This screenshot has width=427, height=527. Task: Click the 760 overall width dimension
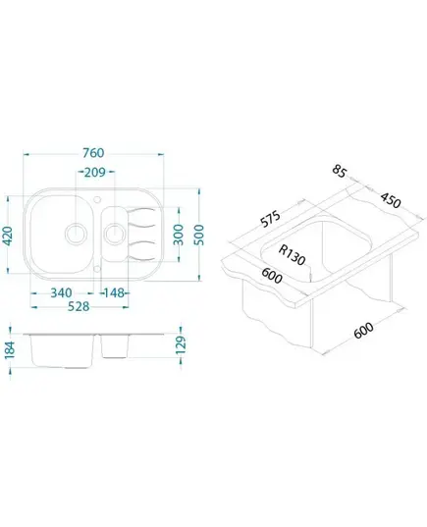click(x=93, y=153)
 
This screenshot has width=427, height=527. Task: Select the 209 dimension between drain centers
click(x=95, y=172)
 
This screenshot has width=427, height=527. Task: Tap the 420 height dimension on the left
click(x=7, y=236)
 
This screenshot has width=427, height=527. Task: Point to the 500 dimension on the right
click(x=199, y=235)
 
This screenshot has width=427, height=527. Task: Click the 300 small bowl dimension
click(x=179, y=235)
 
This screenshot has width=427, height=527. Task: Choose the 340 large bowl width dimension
click(x=61, y=292)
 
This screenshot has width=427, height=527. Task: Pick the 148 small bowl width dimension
click(x=114, y=292)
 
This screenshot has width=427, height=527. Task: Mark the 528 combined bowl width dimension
click(x=79, y=306)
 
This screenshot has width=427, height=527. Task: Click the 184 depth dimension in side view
click(x=10, y=350)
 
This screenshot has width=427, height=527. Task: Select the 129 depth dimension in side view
click(x=181, y=344)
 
